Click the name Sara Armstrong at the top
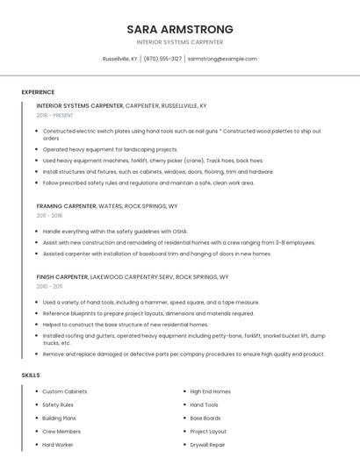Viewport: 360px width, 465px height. pos(179,28)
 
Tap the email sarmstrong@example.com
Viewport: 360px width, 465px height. pos(222,59)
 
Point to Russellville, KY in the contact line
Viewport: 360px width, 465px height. pos(120,59)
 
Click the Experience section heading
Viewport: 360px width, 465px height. pos(38,92)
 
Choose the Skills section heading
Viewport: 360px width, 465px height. pos(31,376)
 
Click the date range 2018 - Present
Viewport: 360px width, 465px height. pos(54,115)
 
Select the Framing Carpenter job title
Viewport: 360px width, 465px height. pos(67,205)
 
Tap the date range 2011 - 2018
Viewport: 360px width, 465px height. pos(49,215)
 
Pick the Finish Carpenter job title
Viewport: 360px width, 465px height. pos(62,276)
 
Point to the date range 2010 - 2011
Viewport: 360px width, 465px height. pos(49,286)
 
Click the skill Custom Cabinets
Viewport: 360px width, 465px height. pos(64,391)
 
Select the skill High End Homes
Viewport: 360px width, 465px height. pos(211,391)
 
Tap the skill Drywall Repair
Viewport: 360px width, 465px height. pos(207,445)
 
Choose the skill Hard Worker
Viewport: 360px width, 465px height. pos(58,445)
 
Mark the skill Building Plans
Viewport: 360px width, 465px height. pos(60,418)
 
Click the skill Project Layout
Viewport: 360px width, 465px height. pos(208,432)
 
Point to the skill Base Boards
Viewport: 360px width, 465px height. pos(205,418)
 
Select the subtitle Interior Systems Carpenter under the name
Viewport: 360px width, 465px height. pos(179,42)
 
